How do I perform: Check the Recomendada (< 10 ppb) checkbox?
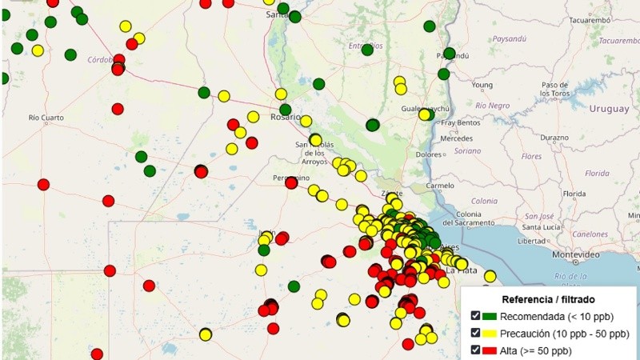click(x=476, y=316)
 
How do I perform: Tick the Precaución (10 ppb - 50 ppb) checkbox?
click(x=476, y=333)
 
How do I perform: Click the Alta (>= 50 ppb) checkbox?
click(x=476, y=350)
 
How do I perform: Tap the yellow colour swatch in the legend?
click(x=490, y=334)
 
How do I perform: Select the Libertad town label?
click(x=532, y=241)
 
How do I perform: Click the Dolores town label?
click(x=430, y=154)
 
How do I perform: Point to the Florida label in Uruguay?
click(x=597, y=173)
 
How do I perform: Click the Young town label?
click(x=482, y=85)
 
